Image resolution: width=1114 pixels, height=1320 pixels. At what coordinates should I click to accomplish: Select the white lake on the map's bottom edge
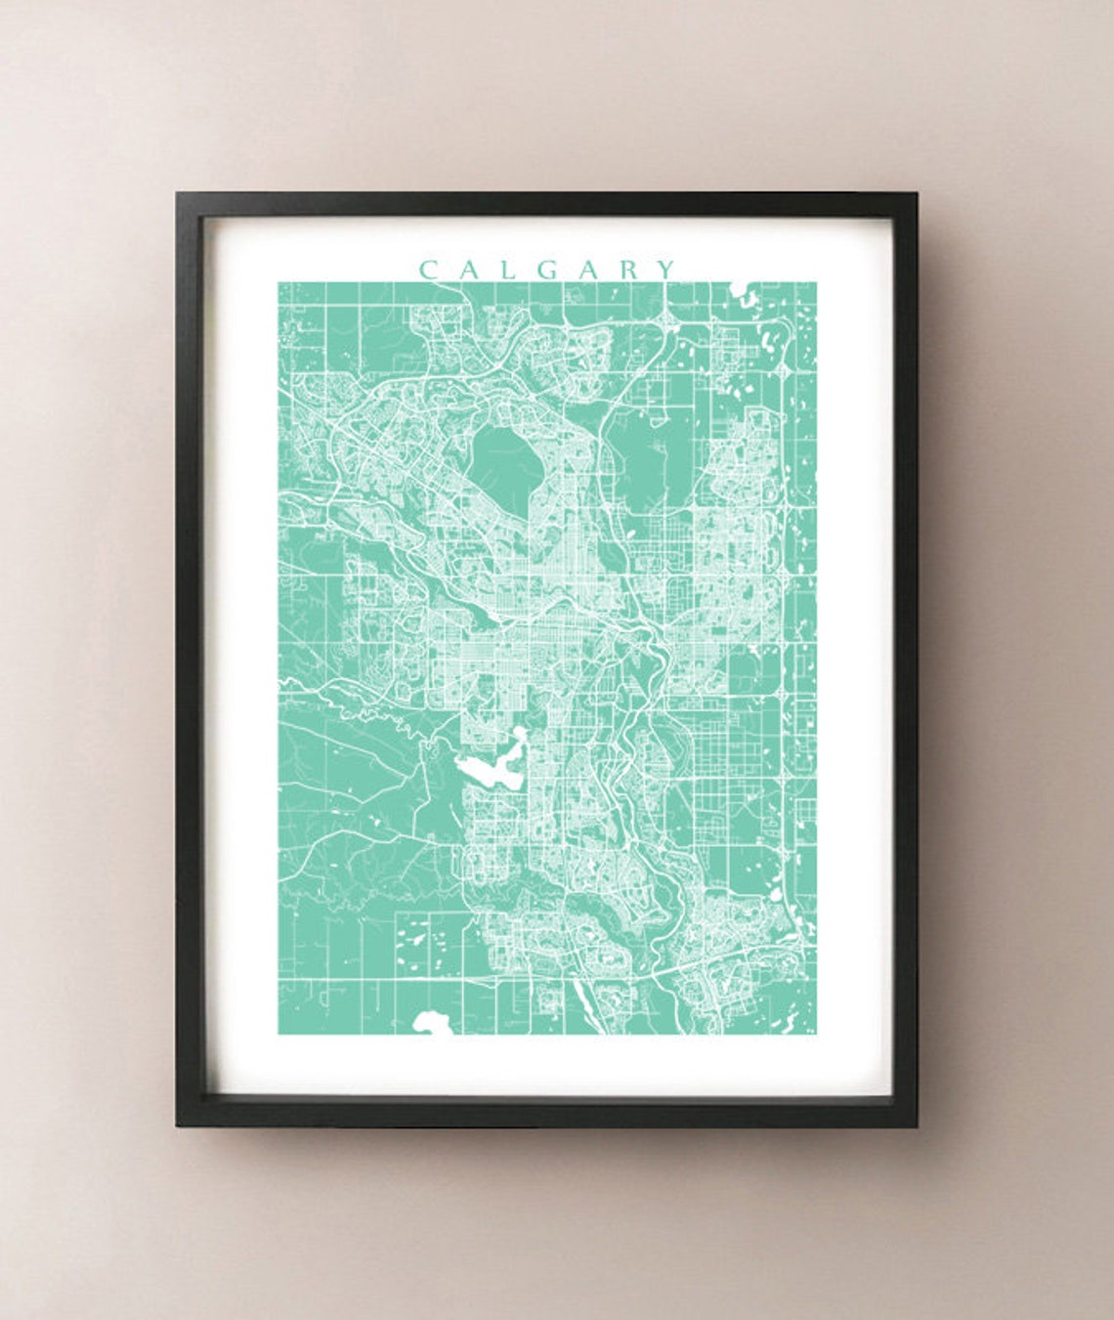(429, 1022)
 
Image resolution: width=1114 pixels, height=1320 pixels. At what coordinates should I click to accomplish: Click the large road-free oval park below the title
(503, 464)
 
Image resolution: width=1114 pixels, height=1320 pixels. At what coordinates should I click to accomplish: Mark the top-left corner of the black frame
(178, 194)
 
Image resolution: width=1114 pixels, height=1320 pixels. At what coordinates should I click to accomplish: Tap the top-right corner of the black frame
(916, 194)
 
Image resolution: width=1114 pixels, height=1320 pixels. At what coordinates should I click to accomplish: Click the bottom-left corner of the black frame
(178, 1126)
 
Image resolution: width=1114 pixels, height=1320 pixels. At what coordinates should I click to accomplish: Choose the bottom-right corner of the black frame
(916, 1126)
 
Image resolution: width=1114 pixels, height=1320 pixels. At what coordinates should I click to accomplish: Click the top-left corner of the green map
(278, 283)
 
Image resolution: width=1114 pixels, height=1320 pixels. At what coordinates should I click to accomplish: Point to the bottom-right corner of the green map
(816, 1034)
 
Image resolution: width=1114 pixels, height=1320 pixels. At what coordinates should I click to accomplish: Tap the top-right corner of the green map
(816, 283)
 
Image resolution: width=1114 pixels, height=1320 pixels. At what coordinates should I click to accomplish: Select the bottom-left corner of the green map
(278, 1034)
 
